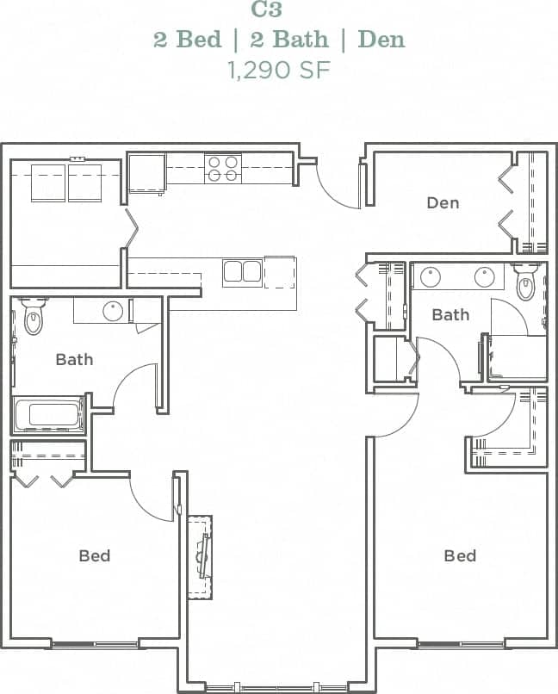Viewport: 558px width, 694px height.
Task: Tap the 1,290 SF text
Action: (279, 70)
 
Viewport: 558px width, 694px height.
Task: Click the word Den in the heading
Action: (381, 40)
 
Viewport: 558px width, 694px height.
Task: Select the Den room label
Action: (443, 203)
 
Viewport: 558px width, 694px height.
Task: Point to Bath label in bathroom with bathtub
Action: (74, 359)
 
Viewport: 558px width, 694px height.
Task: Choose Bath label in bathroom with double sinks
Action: (450, 314)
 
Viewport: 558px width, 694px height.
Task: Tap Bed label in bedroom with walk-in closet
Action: (460, 555)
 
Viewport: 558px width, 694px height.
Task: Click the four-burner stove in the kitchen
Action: (222, 168)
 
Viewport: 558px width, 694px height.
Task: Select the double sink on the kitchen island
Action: (242, 272)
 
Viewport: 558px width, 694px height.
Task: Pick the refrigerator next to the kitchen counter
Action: (146, 173)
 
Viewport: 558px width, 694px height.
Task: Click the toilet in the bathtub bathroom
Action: (33, 316)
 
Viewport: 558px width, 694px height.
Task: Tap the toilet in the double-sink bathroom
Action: (526, 282)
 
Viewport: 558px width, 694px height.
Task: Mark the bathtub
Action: (49, 415)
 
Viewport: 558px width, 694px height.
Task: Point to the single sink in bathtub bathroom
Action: (113, 311)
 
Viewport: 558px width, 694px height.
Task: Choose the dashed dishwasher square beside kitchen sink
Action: (279, 271)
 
